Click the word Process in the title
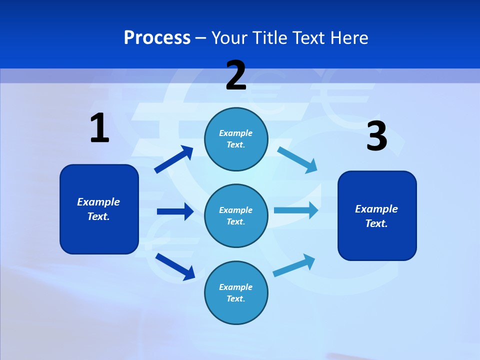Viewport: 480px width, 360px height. click(x=157, y=37)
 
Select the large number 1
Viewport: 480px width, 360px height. click(x=99, y=128)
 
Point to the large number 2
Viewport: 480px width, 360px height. click(x=236, y=75)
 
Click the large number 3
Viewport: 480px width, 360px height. click(x=376, y=136)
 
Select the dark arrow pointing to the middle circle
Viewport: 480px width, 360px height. click(x=175, y=211)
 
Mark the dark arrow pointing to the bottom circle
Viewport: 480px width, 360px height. click(x=175, y=266)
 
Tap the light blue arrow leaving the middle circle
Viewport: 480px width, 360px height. click(x=296, y=210)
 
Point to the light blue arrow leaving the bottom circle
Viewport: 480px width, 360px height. click(x=294, y=265)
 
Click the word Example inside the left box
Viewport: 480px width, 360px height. click(x=98, y=202)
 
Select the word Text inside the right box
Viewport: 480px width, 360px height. click(x=376, y=223)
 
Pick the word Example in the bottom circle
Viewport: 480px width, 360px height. click(x=236, y=287)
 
